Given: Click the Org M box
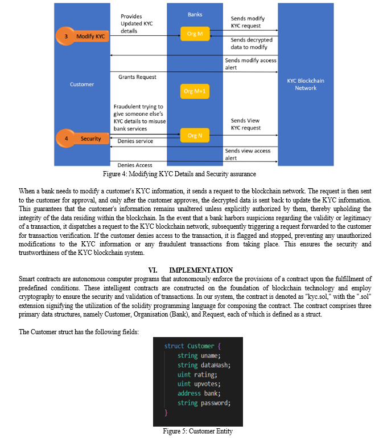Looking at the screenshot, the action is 195,34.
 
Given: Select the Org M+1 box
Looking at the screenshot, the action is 195,91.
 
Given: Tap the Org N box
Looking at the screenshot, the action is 195,136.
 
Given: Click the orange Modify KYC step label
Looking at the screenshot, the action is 83,36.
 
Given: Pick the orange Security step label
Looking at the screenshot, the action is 83,139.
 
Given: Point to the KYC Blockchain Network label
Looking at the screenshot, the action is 306,84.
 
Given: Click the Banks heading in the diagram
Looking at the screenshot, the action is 195,14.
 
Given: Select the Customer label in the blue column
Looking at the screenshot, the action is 82,84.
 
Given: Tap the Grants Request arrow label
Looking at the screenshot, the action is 137,77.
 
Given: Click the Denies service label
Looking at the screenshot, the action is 135,141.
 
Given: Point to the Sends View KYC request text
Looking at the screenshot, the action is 245,124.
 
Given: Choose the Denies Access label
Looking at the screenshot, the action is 135,165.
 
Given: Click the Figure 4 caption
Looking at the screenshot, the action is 179,174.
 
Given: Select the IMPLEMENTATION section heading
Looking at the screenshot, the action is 191,270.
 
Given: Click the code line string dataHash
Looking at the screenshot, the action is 204,365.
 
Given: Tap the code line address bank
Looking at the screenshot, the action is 199,394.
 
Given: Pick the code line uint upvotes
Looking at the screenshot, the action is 199,384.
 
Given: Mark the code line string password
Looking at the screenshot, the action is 204,403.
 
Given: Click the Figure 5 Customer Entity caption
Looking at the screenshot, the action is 198,431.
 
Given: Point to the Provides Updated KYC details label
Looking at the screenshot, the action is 137,24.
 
